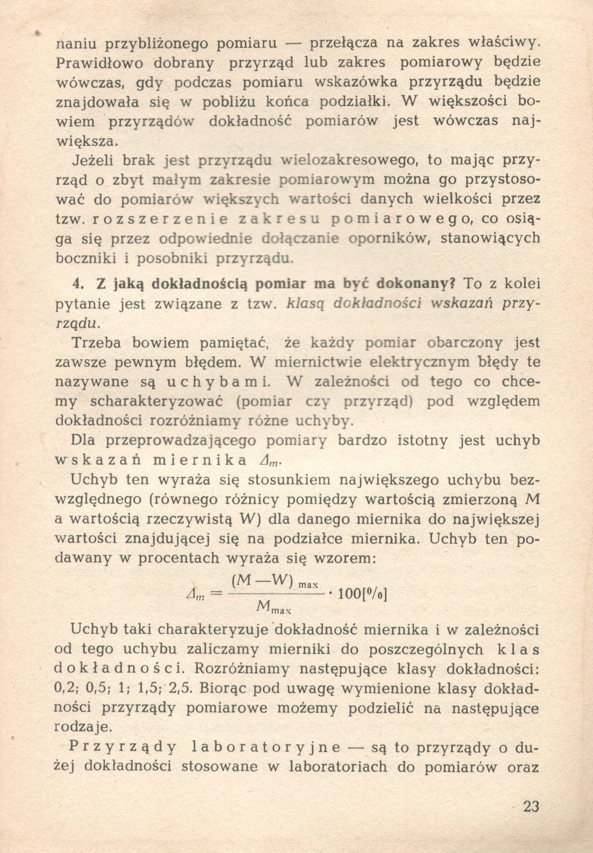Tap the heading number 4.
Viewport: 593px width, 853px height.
point(78,284)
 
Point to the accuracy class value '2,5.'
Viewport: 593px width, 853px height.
point(181,689)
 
